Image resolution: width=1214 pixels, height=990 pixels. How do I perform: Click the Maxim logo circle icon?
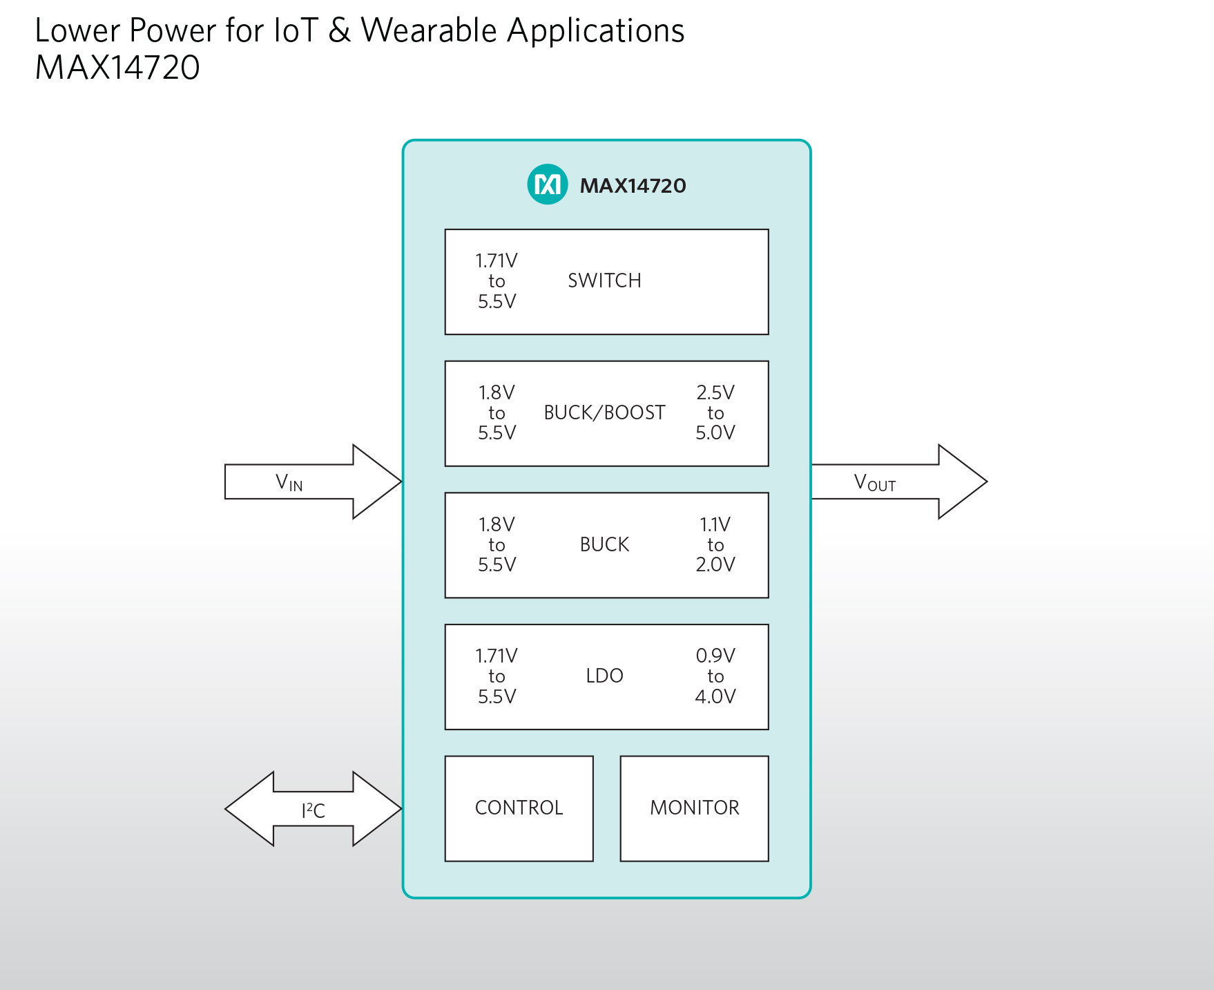(548, 184)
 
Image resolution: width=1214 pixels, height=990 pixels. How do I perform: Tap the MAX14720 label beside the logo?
(633, 186)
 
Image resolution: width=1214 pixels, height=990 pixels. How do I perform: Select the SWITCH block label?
(604, 280)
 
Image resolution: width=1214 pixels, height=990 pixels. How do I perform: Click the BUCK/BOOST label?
(604, 412)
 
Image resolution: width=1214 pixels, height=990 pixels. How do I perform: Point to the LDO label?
(604, 676)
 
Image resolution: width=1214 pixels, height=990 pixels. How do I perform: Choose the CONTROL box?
(519, 808)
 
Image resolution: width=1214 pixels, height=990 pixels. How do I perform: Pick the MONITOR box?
(695, 808)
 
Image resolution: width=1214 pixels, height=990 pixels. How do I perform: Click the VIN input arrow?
(313, 482)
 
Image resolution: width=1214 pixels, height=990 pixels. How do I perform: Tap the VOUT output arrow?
(899, 482)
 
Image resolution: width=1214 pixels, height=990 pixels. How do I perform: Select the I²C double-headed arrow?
(313, 809)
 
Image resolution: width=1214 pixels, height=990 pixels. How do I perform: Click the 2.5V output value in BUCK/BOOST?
(715, 392)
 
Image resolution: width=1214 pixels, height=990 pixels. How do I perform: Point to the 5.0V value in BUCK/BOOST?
(715, 432)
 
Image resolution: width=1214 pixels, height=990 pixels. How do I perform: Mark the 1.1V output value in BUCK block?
(715, 524)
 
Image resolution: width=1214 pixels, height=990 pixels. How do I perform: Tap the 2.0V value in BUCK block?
(715, 564)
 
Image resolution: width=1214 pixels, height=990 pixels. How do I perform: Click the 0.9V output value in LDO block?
(715, 656)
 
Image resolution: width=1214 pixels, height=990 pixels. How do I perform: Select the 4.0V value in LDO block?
(715, 696)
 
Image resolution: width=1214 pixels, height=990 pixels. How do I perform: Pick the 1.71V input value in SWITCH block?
(497, 260)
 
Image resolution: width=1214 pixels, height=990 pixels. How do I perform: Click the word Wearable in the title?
(429, 30)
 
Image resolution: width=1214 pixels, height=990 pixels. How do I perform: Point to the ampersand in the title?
(339, 30)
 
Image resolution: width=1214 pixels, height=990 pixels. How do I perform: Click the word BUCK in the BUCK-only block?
(604, 544)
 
